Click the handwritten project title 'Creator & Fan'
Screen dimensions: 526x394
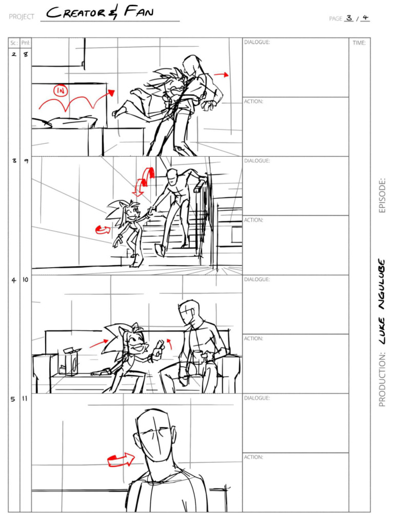pyautogui.click(x=101, y=13)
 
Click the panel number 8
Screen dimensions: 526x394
pyautogui.click(x=26, y=54)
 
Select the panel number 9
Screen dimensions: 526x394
pyautogui.click(x=26, y=161)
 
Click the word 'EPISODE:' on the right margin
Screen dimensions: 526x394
pyautogui.click(x=382, y=195)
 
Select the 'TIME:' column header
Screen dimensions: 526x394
pyautogui.click(x=359, y=43)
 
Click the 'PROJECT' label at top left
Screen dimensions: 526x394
pyautogui.click(x=22, y=17)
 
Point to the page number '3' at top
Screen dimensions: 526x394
pyautogui.click(x=349, y=18)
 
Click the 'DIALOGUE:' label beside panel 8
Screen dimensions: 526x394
pyautogui.click(x=257, y=42)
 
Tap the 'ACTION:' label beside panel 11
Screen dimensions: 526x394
pyautogui.click(x=253, y=457)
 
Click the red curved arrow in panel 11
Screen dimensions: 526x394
pyautogui.click(x=121, y=457)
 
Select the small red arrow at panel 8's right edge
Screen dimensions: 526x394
pyautogui.click(x=221, y=75)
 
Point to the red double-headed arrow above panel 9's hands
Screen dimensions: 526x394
pyautogui.click(x=144, y=181)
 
